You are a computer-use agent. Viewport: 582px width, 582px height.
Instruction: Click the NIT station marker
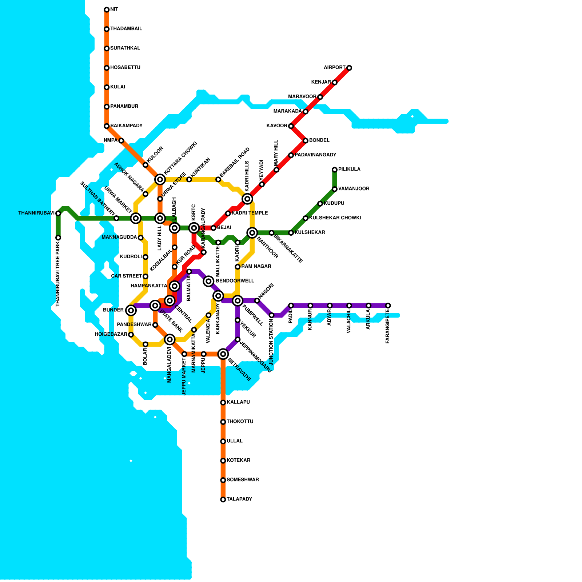[107, 9]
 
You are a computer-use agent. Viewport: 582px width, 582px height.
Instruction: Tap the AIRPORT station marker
[349, 68]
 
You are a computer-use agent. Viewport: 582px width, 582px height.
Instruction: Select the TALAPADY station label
[239, 499]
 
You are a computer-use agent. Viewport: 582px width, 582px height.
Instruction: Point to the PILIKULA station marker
[335, 170]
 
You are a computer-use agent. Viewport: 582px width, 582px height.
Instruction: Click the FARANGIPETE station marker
[388, 306]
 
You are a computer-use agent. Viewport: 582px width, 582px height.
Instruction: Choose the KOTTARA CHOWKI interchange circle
[160, 179]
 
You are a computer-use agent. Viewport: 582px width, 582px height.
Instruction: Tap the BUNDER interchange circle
[131, 310]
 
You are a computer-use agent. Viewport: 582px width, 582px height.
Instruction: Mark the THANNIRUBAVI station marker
[58, 213]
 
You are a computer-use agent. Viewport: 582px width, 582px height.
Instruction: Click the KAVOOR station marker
[291, 126]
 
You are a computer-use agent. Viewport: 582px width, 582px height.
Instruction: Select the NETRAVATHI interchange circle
[223, 354]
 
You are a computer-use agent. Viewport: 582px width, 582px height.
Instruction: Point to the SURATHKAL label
[125, 48]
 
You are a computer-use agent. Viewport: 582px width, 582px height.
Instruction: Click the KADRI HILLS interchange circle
[247, 199]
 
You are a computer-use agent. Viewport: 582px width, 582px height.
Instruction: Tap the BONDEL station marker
[306, 141]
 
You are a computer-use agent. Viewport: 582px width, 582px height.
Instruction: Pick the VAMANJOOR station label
[354, 189]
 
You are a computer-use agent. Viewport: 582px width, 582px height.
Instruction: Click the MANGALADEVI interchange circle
[170, 339]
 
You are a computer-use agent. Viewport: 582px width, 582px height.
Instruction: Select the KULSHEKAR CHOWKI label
[335, 218]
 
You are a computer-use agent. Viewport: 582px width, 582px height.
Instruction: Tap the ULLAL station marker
[223, 441]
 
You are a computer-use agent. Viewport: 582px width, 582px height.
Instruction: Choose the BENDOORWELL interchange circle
[208, 281]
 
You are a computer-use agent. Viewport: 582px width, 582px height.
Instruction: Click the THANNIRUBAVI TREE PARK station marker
[58, 238]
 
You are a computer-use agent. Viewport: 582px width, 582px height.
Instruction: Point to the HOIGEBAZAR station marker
[131, 335]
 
